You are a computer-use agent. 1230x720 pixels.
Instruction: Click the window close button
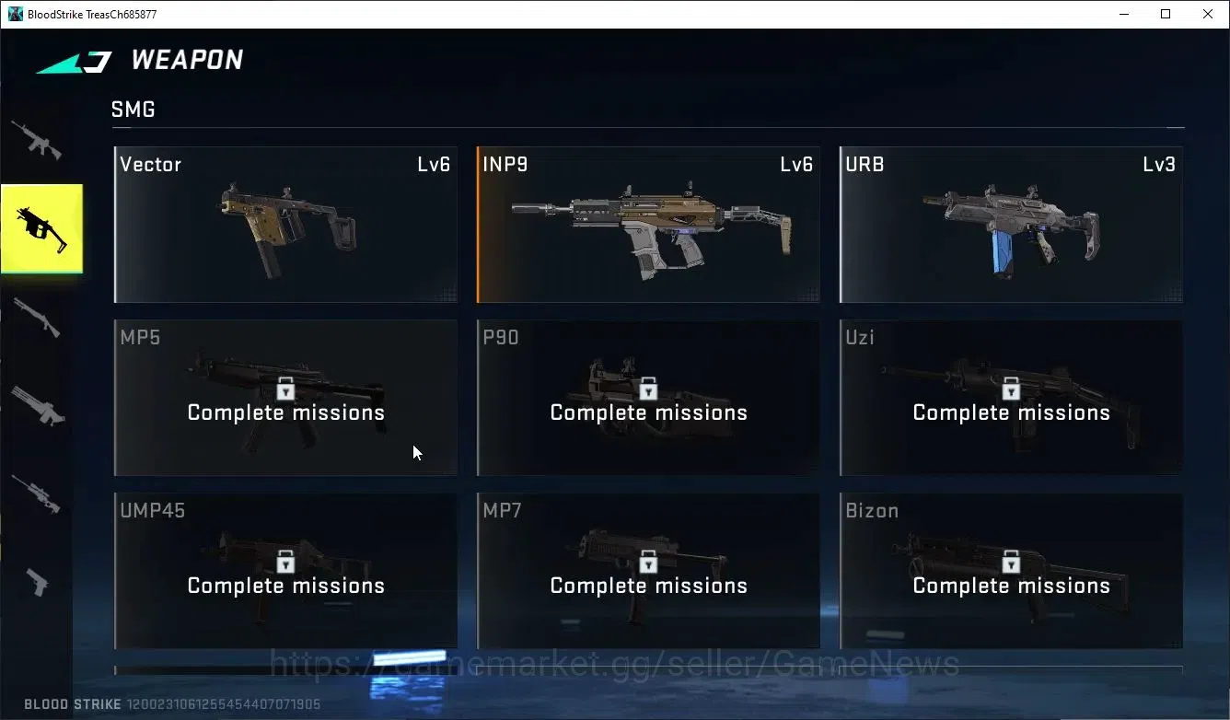pos(1208,14)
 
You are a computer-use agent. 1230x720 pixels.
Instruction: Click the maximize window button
pos(1166,14)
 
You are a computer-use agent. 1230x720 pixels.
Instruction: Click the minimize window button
pos(1124,15)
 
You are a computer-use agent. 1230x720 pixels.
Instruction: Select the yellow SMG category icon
pos(41,228)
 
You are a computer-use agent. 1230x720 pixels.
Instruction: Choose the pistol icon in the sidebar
pos(38,582)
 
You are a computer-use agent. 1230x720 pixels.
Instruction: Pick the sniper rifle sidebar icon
pos(36,494)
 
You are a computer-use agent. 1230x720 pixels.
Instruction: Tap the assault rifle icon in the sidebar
pos(37,141)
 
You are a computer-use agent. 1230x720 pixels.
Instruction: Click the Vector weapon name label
pos(150,164)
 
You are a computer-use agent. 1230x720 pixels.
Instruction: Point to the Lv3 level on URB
pos(1159,164)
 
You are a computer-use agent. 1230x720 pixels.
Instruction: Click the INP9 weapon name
pos(505,164)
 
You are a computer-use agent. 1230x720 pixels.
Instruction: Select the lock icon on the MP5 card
pos(285,389)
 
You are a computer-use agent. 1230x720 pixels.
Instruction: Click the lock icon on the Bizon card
pos(1011,562)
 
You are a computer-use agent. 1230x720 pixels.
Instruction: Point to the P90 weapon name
pos(501,337)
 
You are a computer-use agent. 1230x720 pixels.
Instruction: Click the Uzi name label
pos(860,337)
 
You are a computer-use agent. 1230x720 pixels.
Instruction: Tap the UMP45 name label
pos(153,510)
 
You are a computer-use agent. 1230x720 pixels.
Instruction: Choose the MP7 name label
pos(502,510)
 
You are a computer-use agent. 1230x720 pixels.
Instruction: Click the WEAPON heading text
pos(187,59)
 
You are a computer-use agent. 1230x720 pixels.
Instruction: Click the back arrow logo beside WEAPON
pos(75,62)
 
